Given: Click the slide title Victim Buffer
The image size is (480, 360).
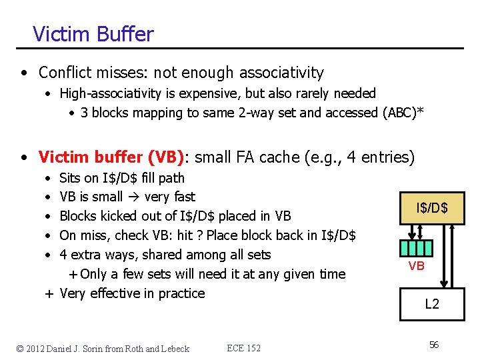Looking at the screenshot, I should click(x=93, y=34).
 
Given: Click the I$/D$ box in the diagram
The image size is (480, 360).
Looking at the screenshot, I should click(x=431, y=209).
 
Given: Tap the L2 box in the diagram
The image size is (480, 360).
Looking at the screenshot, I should click(x=432, y=304).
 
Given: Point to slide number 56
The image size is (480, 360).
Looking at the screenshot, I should click(x=434, y=345).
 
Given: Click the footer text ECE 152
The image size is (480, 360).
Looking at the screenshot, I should click(x=243, y=348).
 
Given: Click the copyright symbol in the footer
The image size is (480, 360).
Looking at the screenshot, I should click(x=20, y=348).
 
